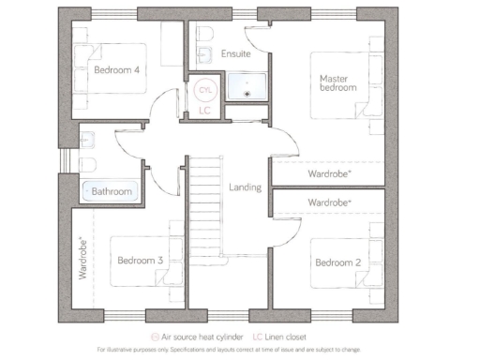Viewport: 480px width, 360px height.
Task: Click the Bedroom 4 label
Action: tap(117, 69)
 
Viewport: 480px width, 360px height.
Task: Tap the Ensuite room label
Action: tap(235, 54)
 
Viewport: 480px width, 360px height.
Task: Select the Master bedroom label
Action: tap(337, 82)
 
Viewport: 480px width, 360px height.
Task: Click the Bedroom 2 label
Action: tap(338, 262)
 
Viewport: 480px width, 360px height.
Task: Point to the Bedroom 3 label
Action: tap(141, 260)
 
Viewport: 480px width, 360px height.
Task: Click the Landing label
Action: tap(245, 187)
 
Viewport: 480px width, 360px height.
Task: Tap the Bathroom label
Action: tap(112, 191)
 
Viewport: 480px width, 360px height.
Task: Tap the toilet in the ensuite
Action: tap(204, 35)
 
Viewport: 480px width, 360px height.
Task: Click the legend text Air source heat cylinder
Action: tap(204, 336)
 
